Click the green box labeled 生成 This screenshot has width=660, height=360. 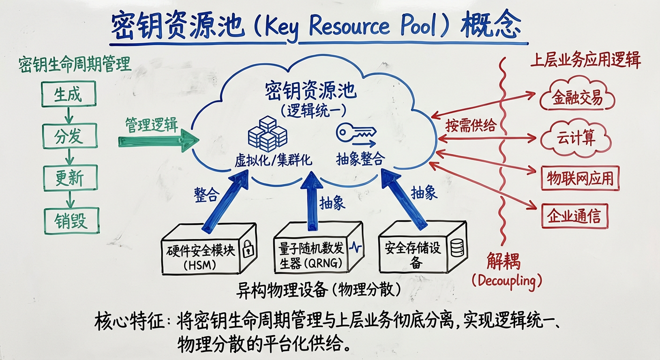[68, 95]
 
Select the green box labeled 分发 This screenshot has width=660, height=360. [70, 136]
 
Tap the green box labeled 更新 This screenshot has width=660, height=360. [70, 178]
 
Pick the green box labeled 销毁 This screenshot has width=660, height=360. [71, 220]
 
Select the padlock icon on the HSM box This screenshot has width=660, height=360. [248, 249]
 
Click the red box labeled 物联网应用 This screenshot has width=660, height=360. [580, 178]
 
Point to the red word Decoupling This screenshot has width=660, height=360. [506, 281]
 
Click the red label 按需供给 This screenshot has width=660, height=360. [470, 126]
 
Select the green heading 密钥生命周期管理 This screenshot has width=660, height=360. [75, 65]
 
